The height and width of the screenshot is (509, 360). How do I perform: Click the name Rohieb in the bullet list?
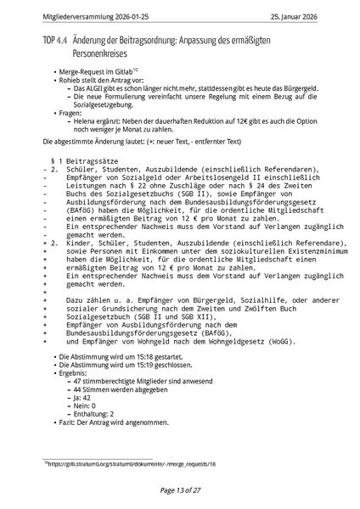click(x=70, y=80)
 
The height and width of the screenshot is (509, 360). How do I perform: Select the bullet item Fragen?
click(x=70, y=112)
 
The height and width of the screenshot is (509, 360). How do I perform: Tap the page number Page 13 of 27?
click(x=180, y=489)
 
